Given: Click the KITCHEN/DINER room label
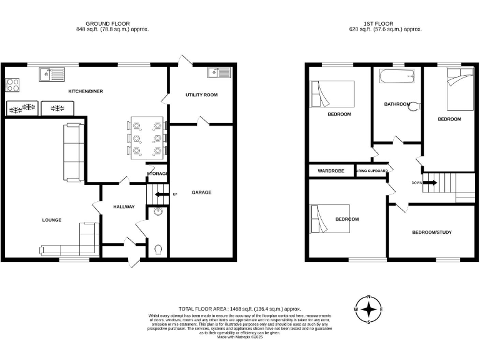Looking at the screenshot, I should tap(86, 91).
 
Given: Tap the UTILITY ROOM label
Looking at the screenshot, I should tap(201, 95).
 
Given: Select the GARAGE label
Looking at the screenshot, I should tap(201, 192).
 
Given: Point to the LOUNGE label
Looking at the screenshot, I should tap(51, 220).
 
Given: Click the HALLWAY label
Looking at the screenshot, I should tap(124, 207).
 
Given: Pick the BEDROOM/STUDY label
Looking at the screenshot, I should tap(431, 232).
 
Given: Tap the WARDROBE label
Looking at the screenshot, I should tap(329, 171).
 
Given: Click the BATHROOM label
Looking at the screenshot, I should tap(397, 104).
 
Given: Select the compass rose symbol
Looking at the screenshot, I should tap(369, 309).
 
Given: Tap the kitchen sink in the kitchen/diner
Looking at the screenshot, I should tap(51, 75).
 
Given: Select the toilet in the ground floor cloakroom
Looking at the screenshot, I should tap(159, 249).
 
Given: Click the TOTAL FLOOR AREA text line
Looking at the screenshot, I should tap(240, 309).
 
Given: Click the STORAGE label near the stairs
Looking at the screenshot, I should tap(157, 173).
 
